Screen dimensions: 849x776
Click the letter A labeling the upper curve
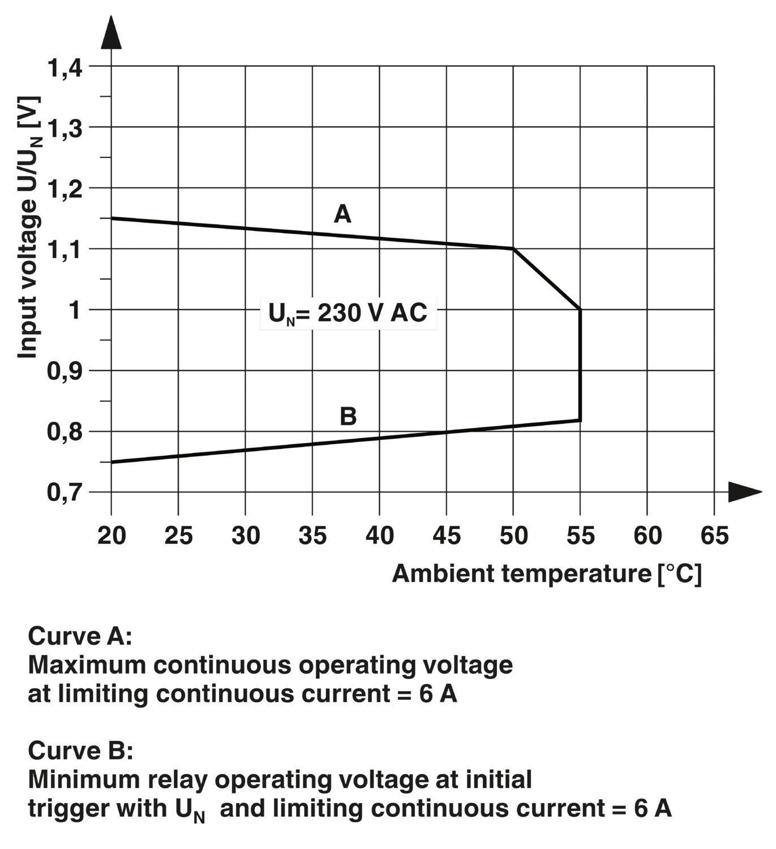(342, 215)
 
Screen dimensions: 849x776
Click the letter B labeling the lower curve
(348, 417)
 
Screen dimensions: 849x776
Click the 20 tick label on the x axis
(112, 535)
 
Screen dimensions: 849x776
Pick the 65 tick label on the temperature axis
(714, 535)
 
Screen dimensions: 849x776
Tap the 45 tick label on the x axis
(447, 535)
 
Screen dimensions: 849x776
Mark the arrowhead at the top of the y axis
(111, 33)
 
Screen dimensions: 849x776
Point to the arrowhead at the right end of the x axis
(744, 492)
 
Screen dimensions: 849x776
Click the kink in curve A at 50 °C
(513, 248)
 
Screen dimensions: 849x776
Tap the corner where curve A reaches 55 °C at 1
(580, 309)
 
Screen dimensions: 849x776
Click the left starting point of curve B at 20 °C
(112, 462)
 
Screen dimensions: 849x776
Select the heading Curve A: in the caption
(80, 636)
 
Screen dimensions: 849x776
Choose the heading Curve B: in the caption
(80, 751)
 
